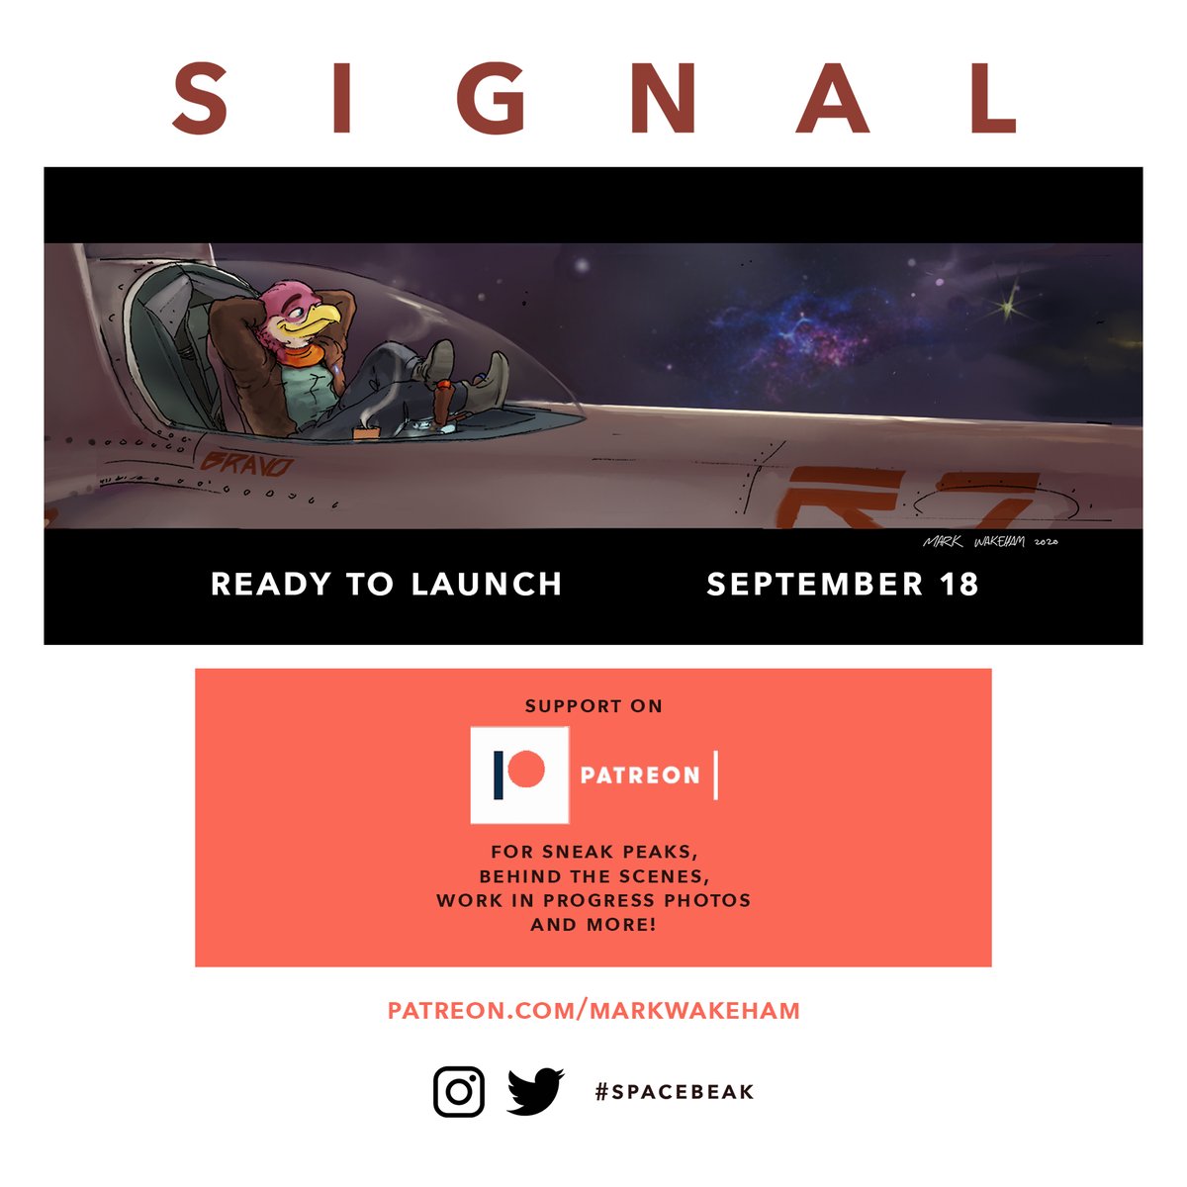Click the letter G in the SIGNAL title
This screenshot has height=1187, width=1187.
[492, 98]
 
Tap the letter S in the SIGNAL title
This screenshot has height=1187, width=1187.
[201, 98]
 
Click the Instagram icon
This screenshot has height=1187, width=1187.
[459, 1091]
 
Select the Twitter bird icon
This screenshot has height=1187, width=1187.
[535, 1091]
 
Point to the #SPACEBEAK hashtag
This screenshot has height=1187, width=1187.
[675, 1092]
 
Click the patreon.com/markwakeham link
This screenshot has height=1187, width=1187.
[593, 1010]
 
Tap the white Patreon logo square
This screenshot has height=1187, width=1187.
[519, 776]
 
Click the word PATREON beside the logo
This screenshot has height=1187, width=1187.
[640, 776]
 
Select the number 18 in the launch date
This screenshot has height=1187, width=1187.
[959, 584]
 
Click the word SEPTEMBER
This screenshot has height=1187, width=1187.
[815, 584]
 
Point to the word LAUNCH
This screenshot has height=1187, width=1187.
[487, 584]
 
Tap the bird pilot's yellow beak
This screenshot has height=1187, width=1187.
[320, 318]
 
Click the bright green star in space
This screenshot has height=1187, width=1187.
[1007, 309]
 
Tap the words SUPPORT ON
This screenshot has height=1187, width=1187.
[593, 706]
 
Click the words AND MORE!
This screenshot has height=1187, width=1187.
[593, 925]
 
